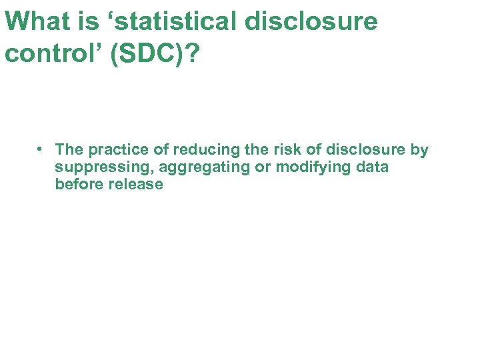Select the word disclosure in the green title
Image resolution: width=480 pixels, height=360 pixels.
pyautogui.click(x=311, y=21)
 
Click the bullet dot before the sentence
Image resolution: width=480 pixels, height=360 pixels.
pyautogui.click(x=41, y=149)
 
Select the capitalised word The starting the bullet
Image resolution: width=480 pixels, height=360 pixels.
pyautogui.click(x=69, y=149)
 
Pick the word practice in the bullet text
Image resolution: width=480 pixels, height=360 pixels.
pyautogui.click(x=119, y=149)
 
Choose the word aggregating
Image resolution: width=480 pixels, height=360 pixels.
pyautogui.click(x=203, y=167)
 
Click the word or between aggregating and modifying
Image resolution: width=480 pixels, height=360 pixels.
pyautogui.click(x=263, y=167)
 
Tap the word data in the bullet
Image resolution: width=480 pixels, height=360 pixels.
pyautogui.click(x=372, y=167)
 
